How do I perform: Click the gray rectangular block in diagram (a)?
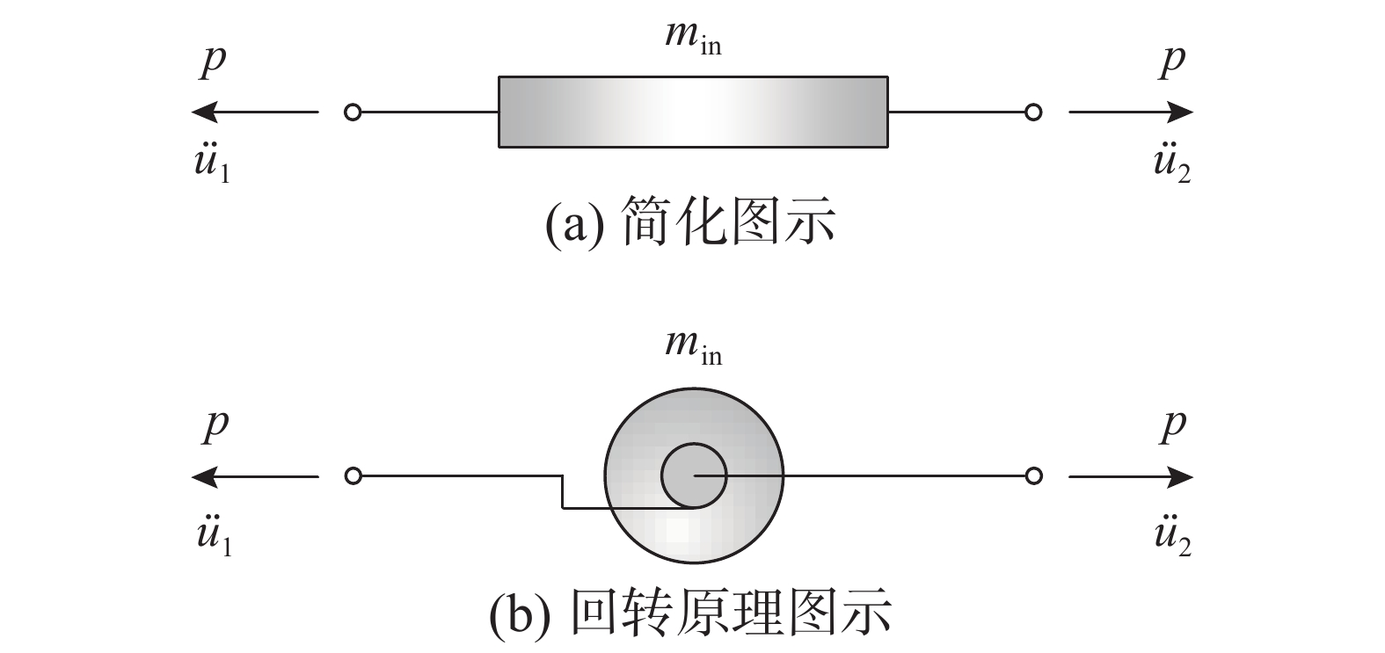click(692, 112)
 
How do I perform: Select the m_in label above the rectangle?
click(692, 39)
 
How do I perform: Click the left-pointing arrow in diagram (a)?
click(254, 112)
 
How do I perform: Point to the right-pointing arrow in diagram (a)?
click(1131, 112)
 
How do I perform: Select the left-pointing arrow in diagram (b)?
click(254, 477)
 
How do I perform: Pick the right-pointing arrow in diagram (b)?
click(1131, 477)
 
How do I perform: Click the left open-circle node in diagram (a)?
click(353, 112)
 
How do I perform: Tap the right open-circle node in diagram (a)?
click(1034, 112)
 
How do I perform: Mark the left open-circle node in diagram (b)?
click(353, 476)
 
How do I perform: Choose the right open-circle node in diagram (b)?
click(1034, 476)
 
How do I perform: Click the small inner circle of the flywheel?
click(693, 475)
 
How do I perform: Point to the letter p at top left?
click(213, 62)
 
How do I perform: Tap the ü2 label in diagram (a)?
click(1172, 164)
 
